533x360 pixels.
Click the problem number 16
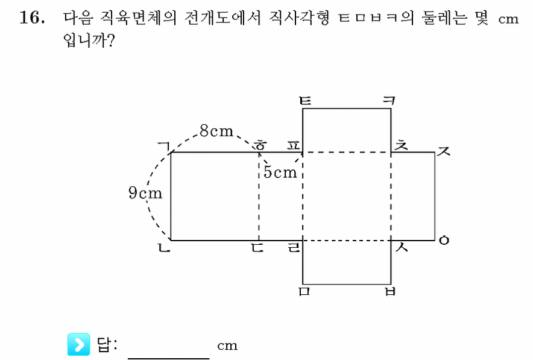click(32, 17)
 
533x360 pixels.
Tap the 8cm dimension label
click(216, 131)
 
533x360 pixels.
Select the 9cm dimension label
click(145, 193)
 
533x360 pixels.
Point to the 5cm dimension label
click(280, 172)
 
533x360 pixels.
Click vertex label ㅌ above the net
click(305, 101)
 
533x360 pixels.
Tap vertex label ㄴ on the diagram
click(164, 248)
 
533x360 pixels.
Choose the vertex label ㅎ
click(260, 145)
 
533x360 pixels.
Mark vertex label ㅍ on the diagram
click(294, 146)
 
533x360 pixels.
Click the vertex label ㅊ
click(400, 145)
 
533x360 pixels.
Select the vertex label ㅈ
click(444, 151)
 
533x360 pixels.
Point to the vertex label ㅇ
click(444, 241)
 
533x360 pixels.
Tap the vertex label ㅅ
click(402, 247)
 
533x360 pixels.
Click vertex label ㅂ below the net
click(390, 291)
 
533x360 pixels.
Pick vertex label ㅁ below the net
click(304, 291)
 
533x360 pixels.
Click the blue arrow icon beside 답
click(79, 344)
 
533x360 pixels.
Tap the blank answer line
click(169, 358)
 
